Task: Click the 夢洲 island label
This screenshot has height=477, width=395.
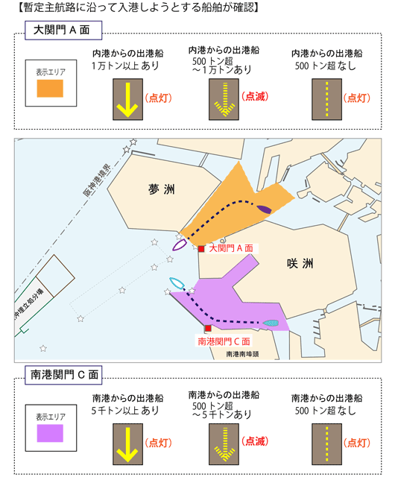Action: coord(162,189)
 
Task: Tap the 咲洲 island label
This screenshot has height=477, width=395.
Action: coord(300,263)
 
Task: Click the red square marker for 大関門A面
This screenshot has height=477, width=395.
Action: coord(201,249)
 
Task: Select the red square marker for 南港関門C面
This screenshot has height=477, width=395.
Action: coord(208,328)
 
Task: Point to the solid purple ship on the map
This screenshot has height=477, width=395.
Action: coord(264,209)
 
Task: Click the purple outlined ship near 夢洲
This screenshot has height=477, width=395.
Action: coord(180,244)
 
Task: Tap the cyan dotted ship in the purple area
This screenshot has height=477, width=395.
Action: coord(271,323)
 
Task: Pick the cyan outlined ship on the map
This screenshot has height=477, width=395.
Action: coord(177,283)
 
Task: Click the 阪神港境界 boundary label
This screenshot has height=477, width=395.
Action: coord(97,180)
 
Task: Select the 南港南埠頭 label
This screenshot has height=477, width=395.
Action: coord(242,354)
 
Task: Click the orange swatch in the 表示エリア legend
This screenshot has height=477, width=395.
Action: coord(50,89)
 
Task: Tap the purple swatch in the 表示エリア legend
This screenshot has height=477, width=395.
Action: coord(50,433)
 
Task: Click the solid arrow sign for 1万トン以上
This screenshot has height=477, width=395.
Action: coord(127,99)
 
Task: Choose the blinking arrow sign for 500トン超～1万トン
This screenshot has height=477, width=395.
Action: coord(224,99)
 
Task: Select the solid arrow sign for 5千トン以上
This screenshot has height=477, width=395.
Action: coord(127,444)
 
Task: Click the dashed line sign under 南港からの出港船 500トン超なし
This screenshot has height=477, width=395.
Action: coord(327,444)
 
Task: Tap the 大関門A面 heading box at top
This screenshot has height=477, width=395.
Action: coord(63,31)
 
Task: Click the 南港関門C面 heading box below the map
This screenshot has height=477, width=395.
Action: coord(63,375)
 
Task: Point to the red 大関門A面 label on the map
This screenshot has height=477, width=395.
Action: coord(231,248)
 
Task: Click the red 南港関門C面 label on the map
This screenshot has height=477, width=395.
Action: coord(224,341)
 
